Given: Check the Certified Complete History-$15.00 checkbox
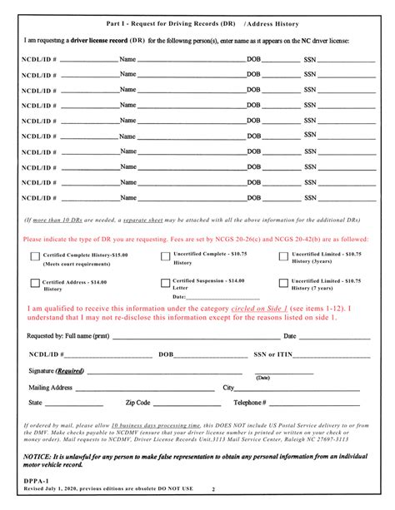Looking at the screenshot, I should coord(34,257).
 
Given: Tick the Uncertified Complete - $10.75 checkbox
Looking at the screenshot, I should coord(165,257).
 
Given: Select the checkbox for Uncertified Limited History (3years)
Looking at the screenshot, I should coord(283,257).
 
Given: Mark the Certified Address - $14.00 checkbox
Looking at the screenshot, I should coord(34,283).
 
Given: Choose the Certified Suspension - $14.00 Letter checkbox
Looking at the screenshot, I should coord(165,283).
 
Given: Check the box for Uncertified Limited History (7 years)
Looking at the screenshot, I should coord(283,283).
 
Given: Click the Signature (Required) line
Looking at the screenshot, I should coord(167,372).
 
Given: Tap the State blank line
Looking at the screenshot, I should coord(71,404).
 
